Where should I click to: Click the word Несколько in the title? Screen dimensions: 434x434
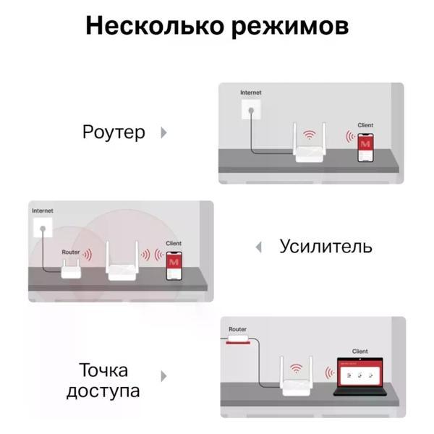point(155,26)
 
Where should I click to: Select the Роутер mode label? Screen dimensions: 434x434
point(114,132)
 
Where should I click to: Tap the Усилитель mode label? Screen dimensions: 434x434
point(325,246)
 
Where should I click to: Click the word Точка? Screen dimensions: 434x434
point(103,370)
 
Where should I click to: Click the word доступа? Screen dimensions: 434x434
point(103,391)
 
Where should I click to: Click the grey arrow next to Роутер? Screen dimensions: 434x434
point(164,132)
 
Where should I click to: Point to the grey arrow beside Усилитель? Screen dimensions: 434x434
point(258,247)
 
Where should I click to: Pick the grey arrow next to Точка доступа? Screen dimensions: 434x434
point(164,376)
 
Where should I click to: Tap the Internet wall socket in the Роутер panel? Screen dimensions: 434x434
point(251,110)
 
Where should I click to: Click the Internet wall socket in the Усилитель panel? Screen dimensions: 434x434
point(43,228)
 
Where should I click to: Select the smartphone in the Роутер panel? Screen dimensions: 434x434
point(365,148)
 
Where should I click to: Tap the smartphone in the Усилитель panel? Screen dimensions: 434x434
point(174,266)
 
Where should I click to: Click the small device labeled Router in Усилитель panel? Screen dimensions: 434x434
point(71,269)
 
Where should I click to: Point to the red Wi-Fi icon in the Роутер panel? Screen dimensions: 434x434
point(309,135)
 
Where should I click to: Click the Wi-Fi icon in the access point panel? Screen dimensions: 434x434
point(296,368)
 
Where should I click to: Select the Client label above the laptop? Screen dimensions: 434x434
point(359,352)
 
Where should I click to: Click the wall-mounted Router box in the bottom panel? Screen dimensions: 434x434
point(238,339)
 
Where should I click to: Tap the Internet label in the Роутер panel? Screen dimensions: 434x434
point(251,93)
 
